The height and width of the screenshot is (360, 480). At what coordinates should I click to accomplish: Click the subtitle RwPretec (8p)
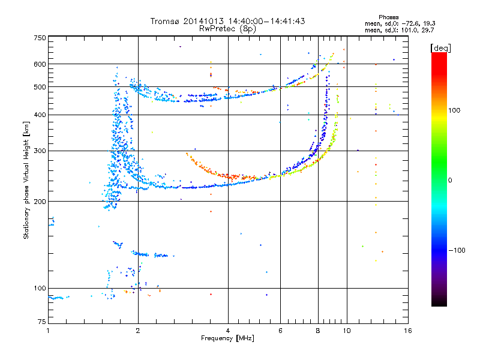pos(227,29)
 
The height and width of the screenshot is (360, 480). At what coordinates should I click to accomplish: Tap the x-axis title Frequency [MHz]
pos(227,338)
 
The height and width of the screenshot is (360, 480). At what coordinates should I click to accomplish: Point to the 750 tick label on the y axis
pos(40,38)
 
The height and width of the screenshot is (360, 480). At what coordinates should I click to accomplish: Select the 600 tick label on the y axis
pos(40,64)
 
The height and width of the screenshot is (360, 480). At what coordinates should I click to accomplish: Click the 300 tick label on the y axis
pos(40,151)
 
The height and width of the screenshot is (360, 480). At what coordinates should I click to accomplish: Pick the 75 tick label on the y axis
pos(42,322)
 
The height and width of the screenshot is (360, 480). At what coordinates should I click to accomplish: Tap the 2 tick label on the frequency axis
pos(138,331)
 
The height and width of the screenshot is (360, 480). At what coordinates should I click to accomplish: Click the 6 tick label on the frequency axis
pos(280,331)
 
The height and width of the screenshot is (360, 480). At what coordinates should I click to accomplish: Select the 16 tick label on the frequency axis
pos(408,331)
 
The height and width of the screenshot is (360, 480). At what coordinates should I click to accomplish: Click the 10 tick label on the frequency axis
pos(347,331)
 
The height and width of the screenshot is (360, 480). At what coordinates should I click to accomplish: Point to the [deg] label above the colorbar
pos(440,48)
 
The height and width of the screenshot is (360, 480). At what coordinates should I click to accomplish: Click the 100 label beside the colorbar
pos(454,110)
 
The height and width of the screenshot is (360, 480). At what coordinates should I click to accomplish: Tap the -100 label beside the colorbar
pos(457,250)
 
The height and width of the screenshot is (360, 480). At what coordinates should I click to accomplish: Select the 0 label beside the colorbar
pos(450,181)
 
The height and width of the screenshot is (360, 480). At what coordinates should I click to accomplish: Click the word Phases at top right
pos(388,17)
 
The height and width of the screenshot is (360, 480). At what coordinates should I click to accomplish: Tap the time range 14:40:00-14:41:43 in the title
pos(266,21)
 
